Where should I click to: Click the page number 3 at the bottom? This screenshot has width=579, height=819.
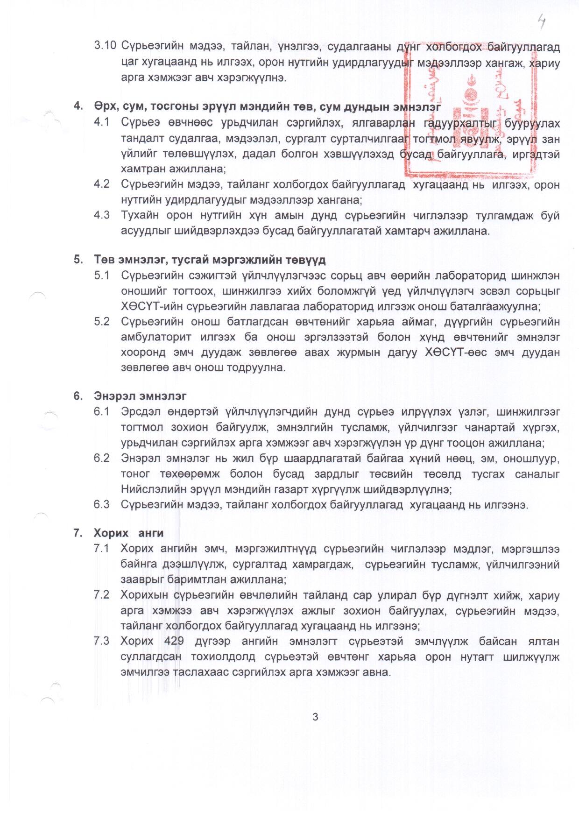pos(315,717)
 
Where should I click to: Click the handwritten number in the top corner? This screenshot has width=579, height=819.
pos(542,21)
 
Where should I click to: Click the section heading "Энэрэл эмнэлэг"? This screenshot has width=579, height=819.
pos(140,396)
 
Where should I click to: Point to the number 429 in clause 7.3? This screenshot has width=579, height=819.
pos(174,641)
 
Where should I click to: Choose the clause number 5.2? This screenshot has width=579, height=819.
pos(102,322)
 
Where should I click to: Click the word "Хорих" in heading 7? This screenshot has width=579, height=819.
pos(111,533)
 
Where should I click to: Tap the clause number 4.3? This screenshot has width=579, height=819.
pos(102,215)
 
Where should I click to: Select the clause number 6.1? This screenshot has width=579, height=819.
pos(102,412)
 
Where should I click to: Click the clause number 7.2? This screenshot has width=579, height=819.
pos(102,595)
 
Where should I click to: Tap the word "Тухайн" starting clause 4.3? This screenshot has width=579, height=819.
pos(139,215)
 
